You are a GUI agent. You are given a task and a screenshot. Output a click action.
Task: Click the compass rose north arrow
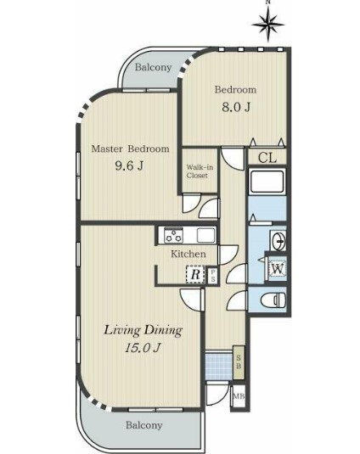(x=268, y=25)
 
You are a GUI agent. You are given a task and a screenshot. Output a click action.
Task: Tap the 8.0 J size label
(x=236, y=107)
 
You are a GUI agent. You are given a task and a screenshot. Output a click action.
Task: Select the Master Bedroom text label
(x=130, y=149)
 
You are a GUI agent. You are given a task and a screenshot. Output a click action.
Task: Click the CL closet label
(x=267, y=158)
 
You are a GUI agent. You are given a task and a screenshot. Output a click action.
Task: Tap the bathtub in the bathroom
(x=267, y=182)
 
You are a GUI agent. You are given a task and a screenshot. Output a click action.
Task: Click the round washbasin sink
(x=278, y=241)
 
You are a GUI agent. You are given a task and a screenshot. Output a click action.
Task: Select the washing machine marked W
(x=278, y=269)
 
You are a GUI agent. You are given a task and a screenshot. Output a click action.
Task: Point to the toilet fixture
(x=273, y=300)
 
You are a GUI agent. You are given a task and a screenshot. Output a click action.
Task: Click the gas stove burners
(x=173, y=235)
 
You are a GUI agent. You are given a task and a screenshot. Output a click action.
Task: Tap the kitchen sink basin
(x=206, y=235)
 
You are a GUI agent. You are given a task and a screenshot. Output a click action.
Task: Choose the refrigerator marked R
(x=195, y=274)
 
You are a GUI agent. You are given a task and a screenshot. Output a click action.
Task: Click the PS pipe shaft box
(x=212, y=276)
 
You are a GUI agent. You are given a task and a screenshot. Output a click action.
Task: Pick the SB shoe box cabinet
(x=239, y=362)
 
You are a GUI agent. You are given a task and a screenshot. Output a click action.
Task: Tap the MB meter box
(x=239, y=396)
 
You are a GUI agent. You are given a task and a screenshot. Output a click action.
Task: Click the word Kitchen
(x=188, y=255)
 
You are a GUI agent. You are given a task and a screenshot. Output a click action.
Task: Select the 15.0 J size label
(x=143, y=348)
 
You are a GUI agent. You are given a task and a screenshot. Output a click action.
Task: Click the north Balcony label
(x=153, y=67)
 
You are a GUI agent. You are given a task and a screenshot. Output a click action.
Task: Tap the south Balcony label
(x=144, y=425)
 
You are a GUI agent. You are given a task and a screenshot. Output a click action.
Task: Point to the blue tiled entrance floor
(x=219, y=366)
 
